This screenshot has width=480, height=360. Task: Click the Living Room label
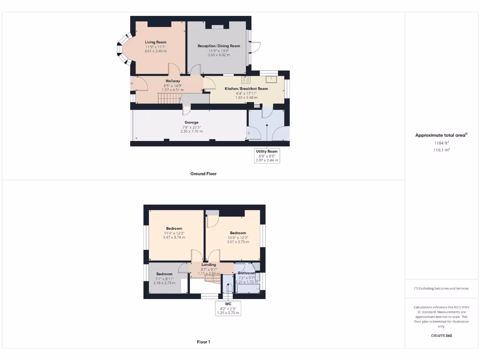click(x=155, y=42)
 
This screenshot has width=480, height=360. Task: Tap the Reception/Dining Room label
click(x=218, y=46)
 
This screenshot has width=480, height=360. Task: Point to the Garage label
click(x=191, y=122)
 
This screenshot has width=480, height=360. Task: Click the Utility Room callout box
click(x=267, y=156)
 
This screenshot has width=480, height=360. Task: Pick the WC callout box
click(x=228, y=308)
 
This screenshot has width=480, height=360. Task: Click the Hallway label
click(x=172, y=81)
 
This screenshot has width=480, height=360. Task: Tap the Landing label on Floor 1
click(x=209, y=265)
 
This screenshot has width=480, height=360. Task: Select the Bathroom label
click(x=247, y=273)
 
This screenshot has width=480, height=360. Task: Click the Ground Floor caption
click(x=203, y=173)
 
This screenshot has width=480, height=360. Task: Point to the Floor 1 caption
click(x=203, y=342)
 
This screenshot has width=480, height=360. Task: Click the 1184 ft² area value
click(x=441, y=143)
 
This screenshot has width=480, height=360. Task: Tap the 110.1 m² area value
click(x=441, y=150)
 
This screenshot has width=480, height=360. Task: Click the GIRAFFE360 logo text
click(x=441, y=336)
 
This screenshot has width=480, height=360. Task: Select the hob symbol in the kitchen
click(x=247, y=79)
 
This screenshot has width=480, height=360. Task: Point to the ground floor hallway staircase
click(x=169, y=98)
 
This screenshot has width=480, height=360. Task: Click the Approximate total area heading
click(x=441, y=135)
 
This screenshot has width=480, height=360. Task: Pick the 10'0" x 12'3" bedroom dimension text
click(x=238, y=238)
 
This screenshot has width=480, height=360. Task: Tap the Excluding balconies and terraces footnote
click(x=441, y=288)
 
